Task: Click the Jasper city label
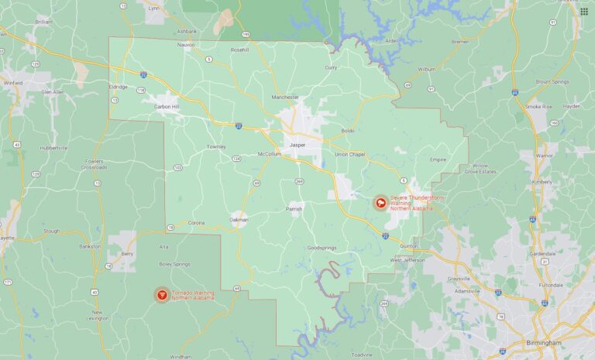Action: click(x=297, y=145)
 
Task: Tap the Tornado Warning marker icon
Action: click(x=161, y=294)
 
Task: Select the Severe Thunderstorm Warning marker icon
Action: click(x=381, y=204)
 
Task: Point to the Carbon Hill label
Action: click(x=167, y=106)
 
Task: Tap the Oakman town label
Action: click(x=239, y=219)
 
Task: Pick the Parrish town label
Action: click(x=294, y=208)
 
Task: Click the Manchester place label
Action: click(x=285, y=98)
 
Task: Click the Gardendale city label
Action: click(x=542, y=252)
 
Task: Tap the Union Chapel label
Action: click(x=349, y=154)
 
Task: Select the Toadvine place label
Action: click(x=362, y=354)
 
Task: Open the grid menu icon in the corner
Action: click(x=583, y=11)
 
